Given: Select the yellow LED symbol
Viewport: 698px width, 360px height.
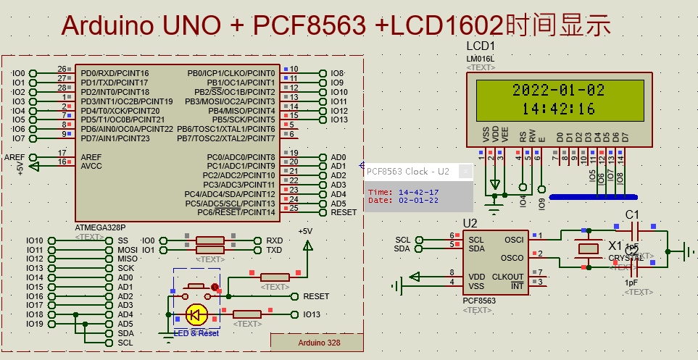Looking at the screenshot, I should [x=195, y=314].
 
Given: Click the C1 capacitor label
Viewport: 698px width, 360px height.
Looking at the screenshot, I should [x=632, y=214].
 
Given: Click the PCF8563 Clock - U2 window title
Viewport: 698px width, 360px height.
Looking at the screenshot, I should [x=407, y=172].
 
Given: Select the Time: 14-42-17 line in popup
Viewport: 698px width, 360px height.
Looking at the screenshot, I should [x=403, y=192].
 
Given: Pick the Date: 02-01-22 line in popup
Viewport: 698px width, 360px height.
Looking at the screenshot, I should [x=403, y=201].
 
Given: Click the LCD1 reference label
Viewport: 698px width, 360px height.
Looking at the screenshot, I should [x=480, y=46].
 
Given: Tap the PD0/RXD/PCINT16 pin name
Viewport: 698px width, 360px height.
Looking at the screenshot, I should [x=115, y=73].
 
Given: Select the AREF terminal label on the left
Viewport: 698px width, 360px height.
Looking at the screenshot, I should [x=14, y=157].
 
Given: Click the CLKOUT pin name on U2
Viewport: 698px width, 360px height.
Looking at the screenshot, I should [x=507, y=277].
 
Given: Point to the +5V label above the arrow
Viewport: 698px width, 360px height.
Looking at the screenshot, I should [x=305, y=231].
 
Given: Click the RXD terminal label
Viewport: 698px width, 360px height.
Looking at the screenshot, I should [x=274, y=240].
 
